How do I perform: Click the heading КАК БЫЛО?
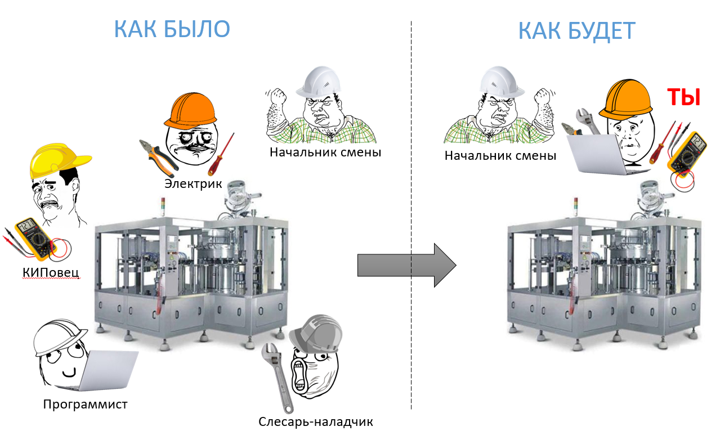(172, 29)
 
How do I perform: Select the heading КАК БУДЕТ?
(576, 32)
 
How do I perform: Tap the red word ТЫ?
(683, 98)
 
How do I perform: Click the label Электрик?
(193, 184)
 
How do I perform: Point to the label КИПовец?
(51, 273)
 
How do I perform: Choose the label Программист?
(86, 404)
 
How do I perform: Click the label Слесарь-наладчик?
(316, 421)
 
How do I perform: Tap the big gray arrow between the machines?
(406, 265)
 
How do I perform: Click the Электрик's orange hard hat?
(190, 110)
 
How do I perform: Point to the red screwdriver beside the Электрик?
(220, 155)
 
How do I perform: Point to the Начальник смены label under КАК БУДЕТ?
(500, 155)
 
